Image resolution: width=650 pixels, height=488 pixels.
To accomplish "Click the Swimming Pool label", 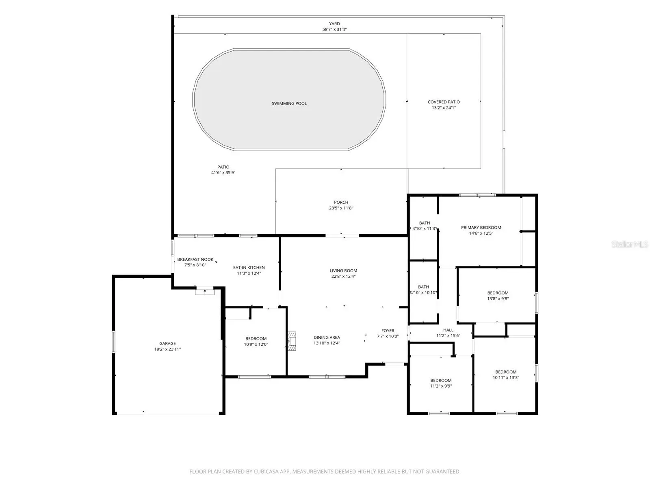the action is click(x=289, y=103).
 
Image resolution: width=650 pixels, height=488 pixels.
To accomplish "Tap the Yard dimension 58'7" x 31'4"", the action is click(x=334, y=29).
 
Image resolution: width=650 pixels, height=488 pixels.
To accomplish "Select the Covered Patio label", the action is click(x=444, y=102).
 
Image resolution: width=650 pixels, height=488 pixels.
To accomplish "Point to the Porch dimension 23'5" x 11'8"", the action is click(x=341, y=208).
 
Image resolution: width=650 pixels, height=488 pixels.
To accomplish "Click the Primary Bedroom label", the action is click(x=481, y=228).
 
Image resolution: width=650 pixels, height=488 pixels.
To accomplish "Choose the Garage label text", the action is click(x=167, y=343).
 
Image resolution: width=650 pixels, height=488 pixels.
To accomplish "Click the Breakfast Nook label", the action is click(x=195, y=259).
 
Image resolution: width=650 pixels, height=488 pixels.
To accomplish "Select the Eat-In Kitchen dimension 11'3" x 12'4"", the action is click(x=249, y=273).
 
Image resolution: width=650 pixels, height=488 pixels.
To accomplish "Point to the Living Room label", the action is click(x=343, y=270).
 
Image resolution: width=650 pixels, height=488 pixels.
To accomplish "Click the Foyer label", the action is click(x=388, y=331).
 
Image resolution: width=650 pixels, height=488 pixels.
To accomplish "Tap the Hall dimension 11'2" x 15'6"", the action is click(x=448, y=336).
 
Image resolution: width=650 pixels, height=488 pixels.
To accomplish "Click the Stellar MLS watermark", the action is click(x=630, y=244).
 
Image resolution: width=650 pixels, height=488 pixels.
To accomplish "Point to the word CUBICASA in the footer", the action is click(x=266, y=471).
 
